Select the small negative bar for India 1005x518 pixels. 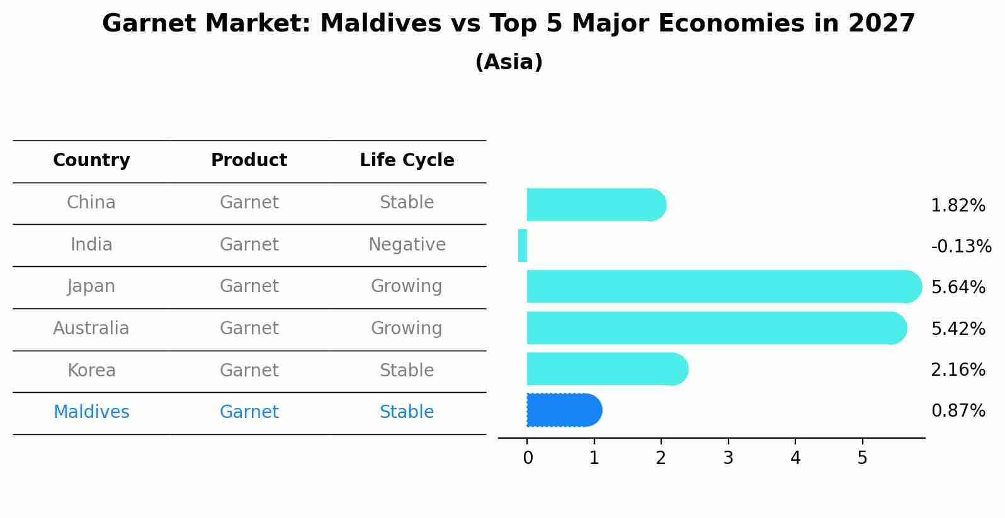[523, 245]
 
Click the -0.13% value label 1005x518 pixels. [961, 246]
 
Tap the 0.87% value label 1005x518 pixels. [958, 411]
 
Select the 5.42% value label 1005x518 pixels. [958, 329]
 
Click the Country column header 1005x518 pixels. [91, 160]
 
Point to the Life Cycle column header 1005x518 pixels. [407, 160]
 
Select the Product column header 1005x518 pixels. [249, 160]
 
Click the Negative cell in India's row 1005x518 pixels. [407, 244]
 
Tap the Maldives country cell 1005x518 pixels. [91, 412]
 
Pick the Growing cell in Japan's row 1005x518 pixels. [406, 286]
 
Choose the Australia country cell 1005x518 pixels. [91, 328]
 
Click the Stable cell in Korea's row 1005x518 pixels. [406, 370]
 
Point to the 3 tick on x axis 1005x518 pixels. [728, 458]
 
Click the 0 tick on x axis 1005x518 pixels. [528, 458]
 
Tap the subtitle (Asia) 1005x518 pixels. [508, 62]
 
